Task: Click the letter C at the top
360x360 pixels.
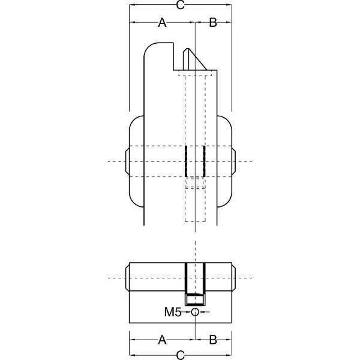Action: click(x=181, y=5)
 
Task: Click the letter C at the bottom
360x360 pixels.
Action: click(x=181, y=355)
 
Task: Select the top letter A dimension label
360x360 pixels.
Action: click(x=162, y=23)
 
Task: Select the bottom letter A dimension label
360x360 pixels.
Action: click(x=162, y=340)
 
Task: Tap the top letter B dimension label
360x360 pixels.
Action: click(x=213, y=23)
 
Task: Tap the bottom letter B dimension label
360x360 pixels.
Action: click(x=213, y=340)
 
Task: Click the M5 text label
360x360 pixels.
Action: click(x=173, y=312)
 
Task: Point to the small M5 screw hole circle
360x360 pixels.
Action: click(x=195, y=312)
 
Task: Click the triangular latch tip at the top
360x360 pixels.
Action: click(x=194, y=59)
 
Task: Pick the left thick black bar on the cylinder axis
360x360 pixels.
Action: click(x=186, y=161)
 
